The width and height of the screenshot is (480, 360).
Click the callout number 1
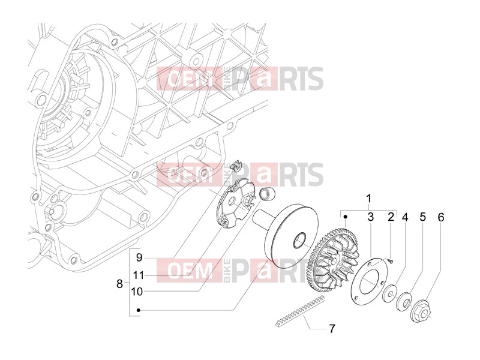click(369, 199)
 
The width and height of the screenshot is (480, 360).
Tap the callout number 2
click(391, 217)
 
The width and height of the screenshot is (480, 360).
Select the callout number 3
click(370, 217)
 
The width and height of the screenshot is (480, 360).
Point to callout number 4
click(405, 217)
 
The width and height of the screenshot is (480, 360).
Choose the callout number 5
click(423, 217)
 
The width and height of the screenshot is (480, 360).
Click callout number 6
click(441, 217)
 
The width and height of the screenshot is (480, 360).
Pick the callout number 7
click(332, 328)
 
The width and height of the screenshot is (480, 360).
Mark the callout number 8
click(119, 284)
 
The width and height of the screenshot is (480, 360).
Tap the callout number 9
click(139, 257)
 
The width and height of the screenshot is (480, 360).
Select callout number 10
click(137, 292)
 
